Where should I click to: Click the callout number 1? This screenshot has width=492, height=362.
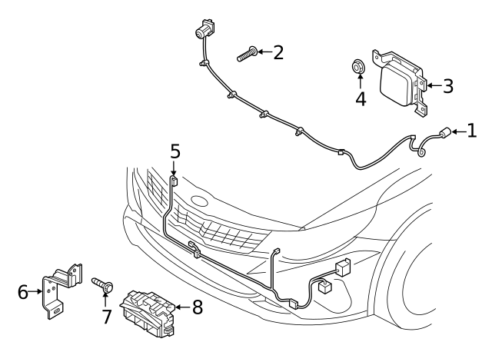coord(472,131)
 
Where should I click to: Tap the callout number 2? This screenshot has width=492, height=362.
coord(278,52)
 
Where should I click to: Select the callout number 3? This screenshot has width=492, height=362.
coord(447,85)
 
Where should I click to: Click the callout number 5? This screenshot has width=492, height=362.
coord(175,151)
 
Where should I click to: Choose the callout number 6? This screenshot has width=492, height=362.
coord(22,292)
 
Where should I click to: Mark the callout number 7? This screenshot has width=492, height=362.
coord(106,317)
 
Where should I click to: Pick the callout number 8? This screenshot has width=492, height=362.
coord(197,308)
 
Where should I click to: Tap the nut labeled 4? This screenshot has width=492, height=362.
coord(358,67)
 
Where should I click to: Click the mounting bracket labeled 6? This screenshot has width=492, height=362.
coord(60,291)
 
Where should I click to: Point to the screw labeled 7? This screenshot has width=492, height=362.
coord(102,285)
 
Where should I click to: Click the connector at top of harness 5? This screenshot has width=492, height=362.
coord(175,181)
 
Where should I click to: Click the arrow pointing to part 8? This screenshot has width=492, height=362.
coord(180,308)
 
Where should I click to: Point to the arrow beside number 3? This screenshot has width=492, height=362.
coord(430,85)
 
